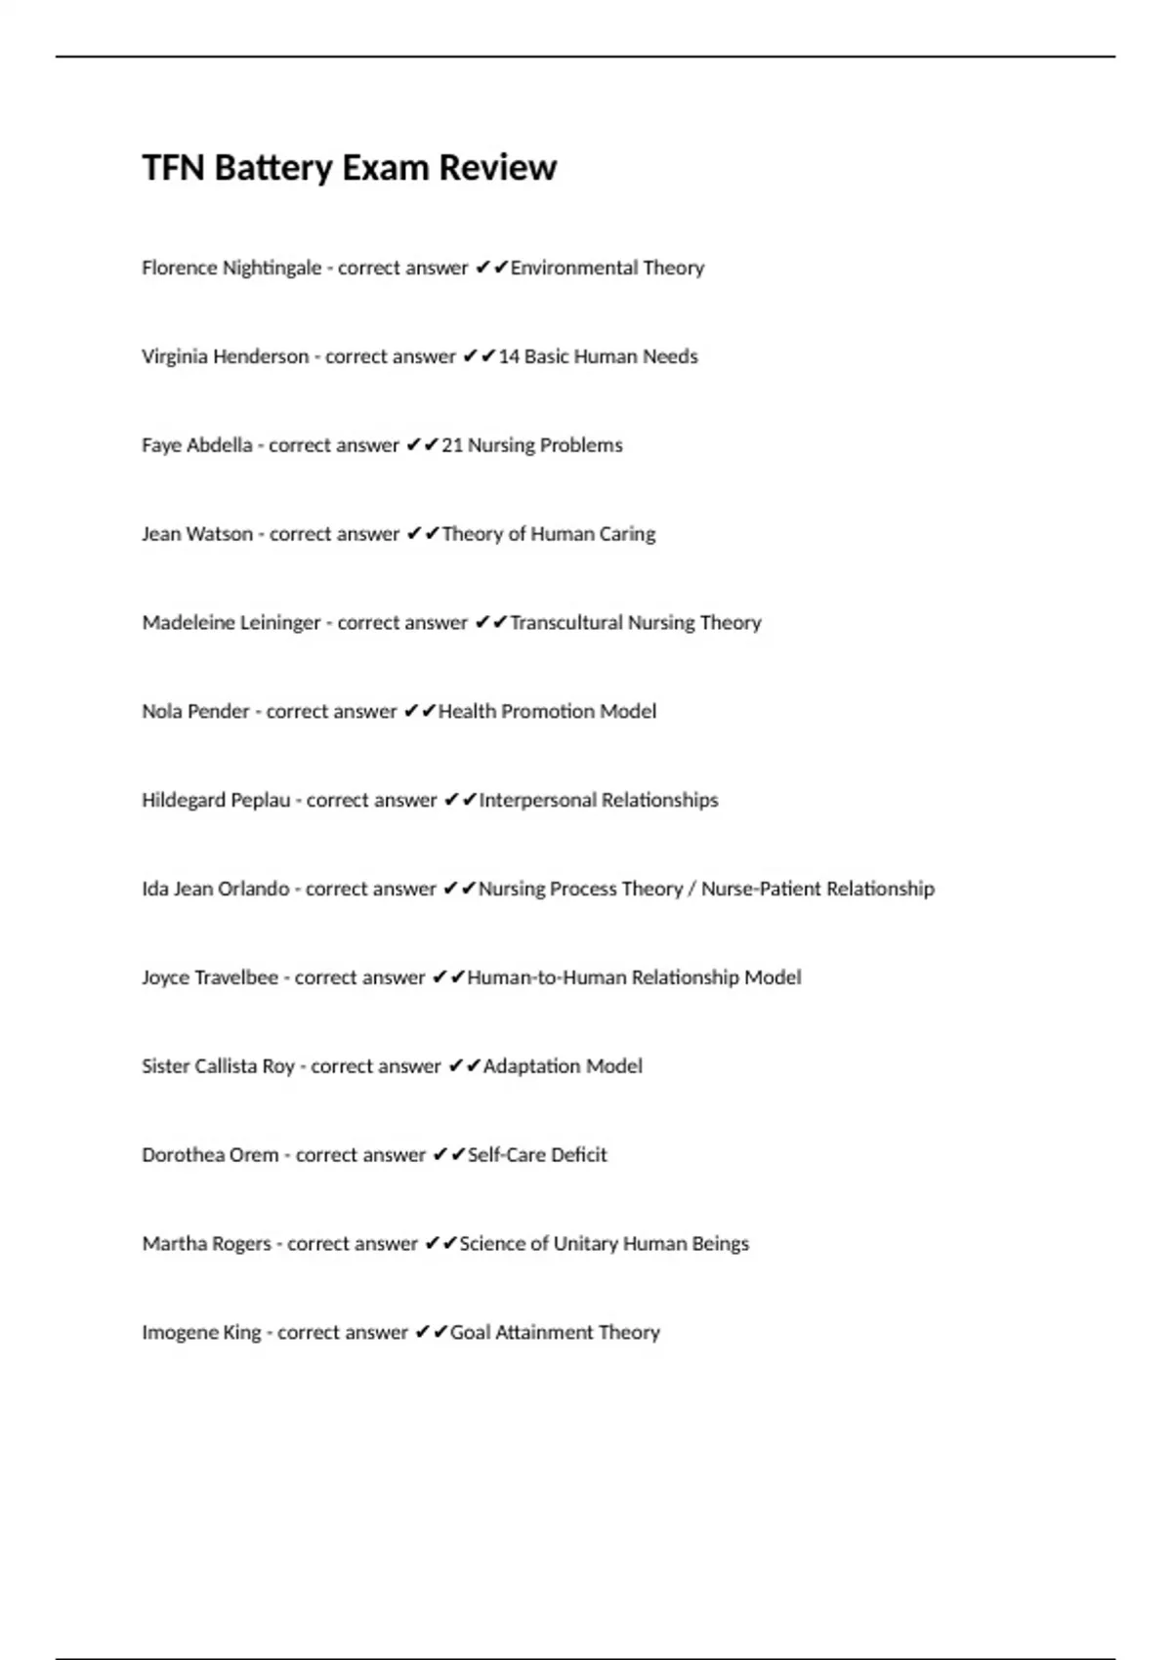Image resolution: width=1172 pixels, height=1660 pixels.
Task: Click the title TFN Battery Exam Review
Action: pyautogui.click(x=349, y=168)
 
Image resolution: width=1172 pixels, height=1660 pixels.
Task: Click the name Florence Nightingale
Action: pyautogui.click(x=231, y=268)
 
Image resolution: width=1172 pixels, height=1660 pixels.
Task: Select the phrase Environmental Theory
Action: pyautogui.click(x=607, y=268)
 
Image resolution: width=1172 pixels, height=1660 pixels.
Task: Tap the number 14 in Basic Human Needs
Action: pyautogui.click(x=509, y=356)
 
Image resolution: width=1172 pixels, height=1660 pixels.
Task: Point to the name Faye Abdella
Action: pyautogui.click(x=196, y=445)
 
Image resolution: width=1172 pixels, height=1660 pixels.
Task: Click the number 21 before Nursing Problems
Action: pyautogui.click(x=452, y=445)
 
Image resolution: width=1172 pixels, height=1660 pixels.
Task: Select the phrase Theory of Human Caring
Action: pyautogui.click(x=548, y=534)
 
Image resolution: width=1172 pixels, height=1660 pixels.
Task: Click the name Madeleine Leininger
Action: pyautogui.click(x=231, y=623)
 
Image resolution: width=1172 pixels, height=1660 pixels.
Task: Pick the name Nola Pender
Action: pyautogui.click(x=195, y=712)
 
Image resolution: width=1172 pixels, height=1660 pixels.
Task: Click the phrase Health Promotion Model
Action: pyautogui.click(x=547, y=712)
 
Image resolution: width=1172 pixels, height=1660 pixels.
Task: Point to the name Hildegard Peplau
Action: pyautogui.click(x=216, y=801)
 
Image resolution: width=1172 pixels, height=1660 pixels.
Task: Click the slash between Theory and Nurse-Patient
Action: pyautogui.click(x=691, y=890)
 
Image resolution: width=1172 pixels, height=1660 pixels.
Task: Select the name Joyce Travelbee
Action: pyautogui.click(x=210, y=977)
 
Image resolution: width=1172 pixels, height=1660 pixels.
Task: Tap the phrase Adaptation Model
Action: pyautogui.click(x=563, y=1066)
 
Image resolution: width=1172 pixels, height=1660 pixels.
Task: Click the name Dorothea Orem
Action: pyautogui.click(x=210, y=1155)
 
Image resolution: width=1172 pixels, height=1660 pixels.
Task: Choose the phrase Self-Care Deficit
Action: pyautogui.click(x=537, y=1155)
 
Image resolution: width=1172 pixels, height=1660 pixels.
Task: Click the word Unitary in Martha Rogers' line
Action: pyautogui.click(x=585, y=1244)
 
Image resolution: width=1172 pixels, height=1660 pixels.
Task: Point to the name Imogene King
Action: pyautogui.click(x=201, y=1333)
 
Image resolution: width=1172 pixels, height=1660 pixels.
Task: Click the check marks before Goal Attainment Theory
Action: pyautogui.click(x=431, y=1332)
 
